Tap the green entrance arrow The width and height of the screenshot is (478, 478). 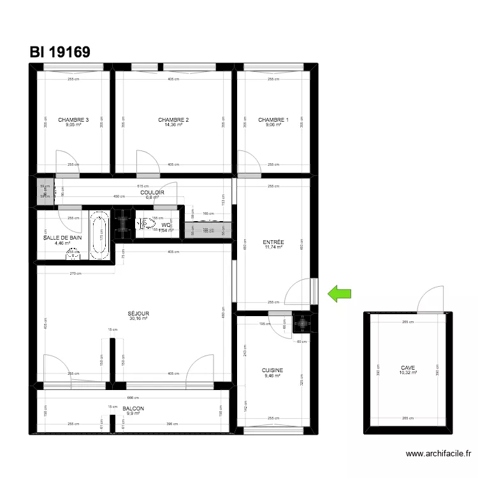point(340,293)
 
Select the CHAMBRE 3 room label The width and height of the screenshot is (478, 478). point(73,120)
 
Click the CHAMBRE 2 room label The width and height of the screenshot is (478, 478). point(173,120)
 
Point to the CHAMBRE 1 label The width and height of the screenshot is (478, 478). point(273,120)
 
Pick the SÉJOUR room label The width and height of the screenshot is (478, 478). point(138,314)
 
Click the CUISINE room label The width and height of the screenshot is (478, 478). point(272,370)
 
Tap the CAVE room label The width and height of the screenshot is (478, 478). point(408,368)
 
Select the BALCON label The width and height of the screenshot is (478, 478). point(133,409)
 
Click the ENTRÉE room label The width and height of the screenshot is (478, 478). point(273,242)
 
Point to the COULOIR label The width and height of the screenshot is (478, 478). point(152,192)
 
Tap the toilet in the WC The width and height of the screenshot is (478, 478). point(147,223)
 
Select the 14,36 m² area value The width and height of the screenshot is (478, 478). point(173,125)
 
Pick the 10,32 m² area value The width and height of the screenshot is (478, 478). point(408,373)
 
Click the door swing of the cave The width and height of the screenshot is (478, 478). point(429,298)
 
